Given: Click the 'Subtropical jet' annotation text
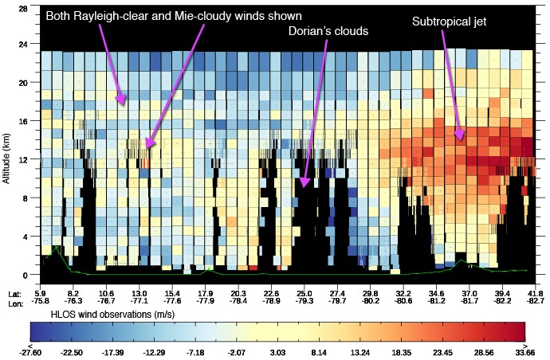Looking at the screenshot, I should [x=448, y=22].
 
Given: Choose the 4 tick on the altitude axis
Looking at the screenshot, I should [x=26, y=237].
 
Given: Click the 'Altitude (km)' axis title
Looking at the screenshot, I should [x=7, y=160].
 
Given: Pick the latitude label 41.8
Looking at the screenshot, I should [x=526, y=294].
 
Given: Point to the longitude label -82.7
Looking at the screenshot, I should [x=526, y=302].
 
